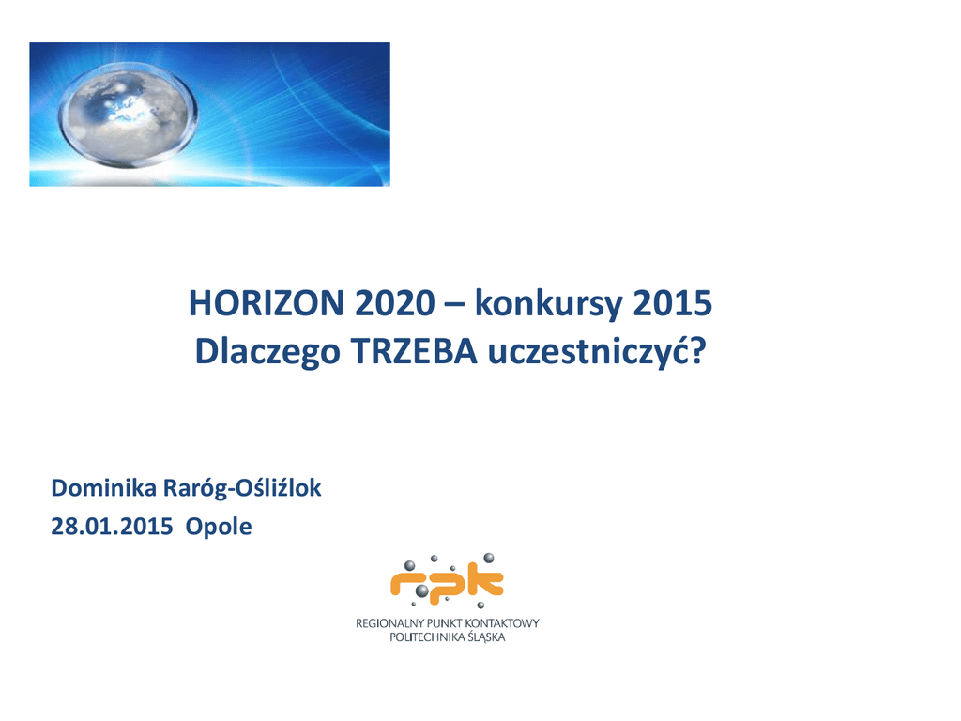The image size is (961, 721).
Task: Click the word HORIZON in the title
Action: pos(267,303)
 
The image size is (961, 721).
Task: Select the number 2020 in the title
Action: pos(395,303)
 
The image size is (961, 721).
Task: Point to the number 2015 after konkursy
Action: pos(672,303)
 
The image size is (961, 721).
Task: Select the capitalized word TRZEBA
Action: pos(414,352)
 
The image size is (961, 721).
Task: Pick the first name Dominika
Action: pos(103,488)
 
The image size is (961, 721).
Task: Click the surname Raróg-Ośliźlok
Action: pos(242,488)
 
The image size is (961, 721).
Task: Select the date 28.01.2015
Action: pos(113,527)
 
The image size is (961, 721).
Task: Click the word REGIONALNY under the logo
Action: pos(389,623)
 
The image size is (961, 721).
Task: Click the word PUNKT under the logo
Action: pos(444,623)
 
